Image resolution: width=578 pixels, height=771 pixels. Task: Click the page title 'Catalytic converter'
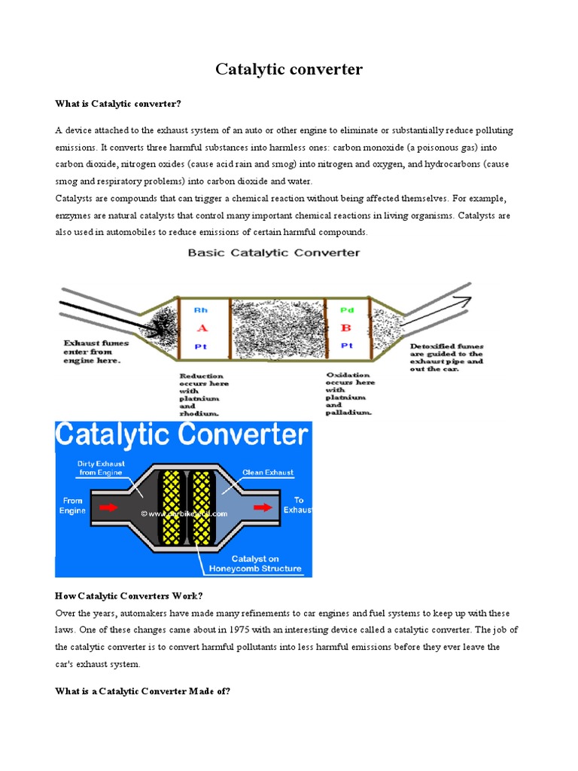pos(289,70)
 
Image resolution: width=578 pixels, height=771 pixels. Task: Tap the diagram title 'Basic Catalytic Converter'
pos(274,253)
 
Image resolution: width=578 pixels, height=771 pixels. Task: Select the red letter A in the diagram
pos(201,328)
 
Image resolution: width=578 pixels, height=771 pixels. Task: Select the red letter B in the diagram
pos(346,328)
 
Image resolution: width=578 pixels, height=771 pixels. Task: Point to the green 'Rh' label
pos(201,309)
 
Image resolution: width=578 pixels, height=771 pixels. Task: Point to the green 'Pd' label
pos(347,309)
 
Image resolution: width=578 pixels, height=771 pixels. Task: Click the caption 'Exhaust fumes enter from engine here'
pos(96,352)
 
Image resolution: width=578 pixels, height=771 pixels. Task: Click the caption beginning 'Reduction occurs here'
pos(203,394)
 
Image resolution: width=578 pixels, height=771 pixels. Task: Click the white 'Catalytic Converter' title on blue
pos(182,436)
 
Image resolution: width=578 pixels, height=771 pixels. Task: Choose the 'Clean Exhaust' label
pos(268,473)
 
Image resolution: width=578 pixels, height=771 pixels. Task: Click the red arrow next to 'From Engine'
pos(108,507)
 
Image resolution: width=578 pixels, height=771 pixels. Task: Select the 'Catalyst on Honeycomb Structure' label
pos(255,563)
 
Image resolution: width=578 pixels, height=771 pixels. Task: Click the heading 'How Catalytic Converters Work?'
pos(129,596)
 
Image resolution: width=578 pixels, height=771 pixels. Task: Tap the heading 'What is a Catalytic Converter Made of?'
pos(142,690)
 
